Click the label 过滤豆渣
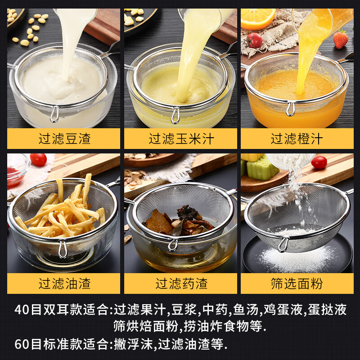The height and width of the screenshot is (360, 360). pyautogui.click(x=64, y=139)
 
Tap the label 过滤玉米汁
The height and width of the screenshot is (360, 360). pyautogui.click(x=180, y=139)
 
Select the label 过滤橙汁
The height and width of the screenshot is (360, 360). pyautogui.click(x=297, y=139)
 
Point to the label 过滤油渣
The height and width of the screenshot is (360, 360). pyautogui.click(x=64, y=283)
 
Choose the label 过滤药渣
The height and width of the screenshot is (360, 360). pyautogui.click(x=180, y=283)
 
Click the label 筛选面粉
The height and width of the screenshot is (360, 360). pyautogui.click(x=297, y=283)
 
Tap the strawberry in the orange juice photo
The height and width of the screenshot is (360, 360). pyautogui.click(x=341, y=39)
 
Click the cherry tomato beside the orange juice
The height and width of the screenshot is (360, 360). pyautogui.click(x=255, y=40)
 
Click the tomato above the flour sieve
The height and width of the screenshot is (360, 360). pyautogui.click(x=319, y=162)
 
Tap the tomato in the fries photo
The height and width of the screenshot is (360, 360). pyautogui.click(x=38, y=160)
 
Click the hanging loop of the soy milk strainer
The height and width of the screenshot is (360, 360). pyautogui.click(x=54, y=114)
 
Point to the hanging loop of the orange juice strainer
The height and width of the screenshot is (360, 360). pyautogui.click(x=291, y=109)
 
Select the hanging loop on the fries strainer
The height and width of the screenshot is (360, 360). pyautogui.click(x=63, y=249)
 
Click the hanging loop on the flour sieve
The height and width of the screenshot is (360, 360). pyautogui.click(x=283, y=244)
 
